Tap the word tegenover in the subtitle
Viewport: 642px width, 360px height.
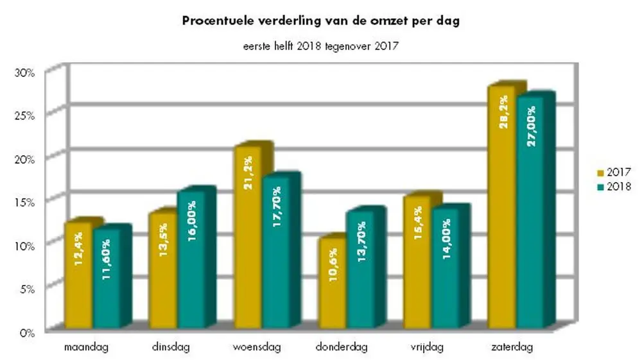coord(351,46)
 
